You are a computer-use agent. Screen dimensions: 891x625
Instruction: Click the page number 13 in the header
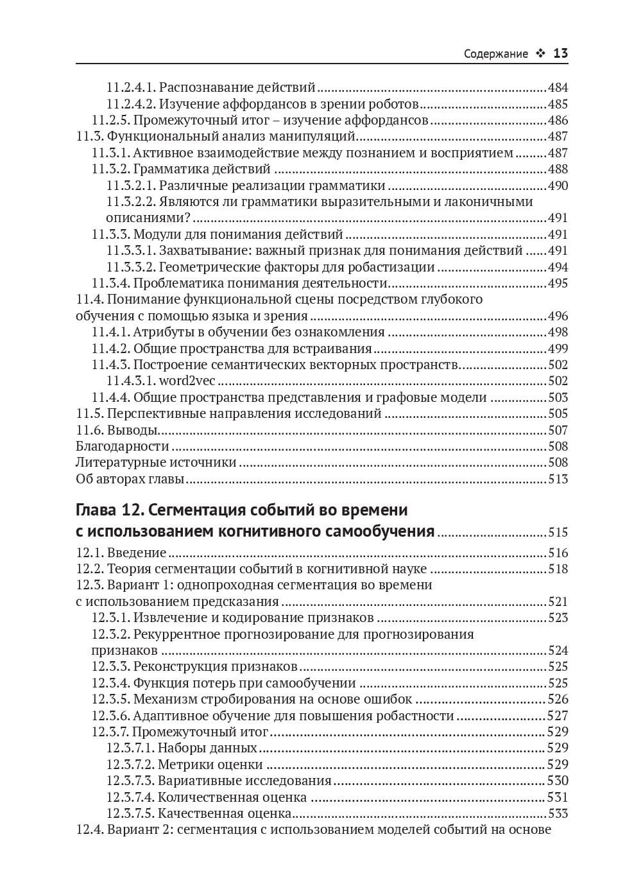point(560,53)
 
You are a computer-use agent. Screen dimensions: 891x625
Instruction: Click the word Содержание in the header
point(495,54)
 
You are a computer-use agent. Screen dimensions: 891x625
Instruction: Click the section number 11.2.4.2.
point(130,104)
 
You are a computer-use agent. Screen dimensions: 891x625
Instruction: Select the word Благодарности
point(123,446)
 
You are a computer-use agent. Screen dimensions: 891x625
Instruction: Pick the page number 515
point(558,532)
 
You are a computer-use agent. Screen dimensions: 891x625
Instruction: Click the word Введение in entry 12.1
point(137,553)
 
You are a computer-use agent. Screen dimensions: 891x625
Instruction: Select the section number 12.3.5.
point(110,699)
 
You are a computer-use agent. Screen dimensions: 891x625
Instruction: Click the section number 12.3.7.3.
point(130,781)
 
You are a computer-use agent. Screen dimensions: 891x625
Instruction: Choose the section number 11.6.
point(89,430)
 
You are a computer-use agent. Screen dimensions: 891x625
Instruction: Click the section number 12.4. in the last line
point(89,829)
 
